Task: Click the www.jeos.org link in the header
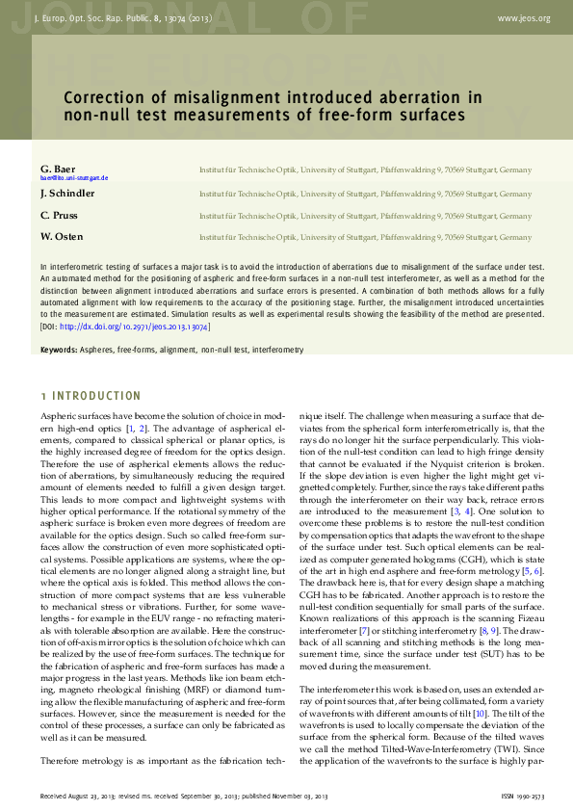(524, 18)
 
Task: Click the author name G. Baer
(57, 169)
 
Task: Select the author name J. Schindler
(67, 193)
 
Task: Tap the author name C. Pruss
(59, 215)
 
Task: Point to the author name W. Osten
(62, 237)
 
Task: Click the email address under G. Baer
(74, 178)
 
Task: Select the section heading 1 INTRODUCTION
(91, 396)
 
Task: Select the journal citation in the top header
(122, 18)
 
